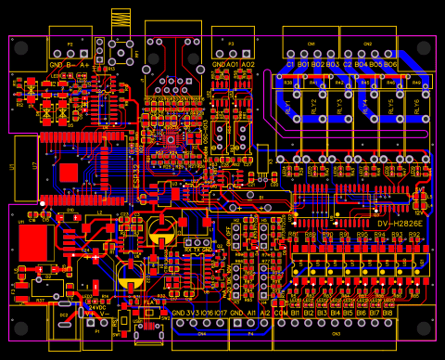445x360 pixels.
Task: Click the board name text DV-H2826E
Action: click(400, 224)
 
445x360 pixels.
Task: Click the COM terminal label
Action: click(280, 314)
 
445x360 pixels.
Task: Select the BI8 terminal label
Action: click(388, 314)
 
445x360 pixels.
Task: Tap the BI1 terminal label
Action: click(295, 314)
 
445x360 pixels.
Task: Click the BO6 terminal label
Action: click(390, 65)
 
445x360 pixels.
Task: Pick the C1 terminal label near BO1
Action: click(289, 65)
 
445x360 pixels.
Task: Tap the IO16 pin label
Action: click(206, 314)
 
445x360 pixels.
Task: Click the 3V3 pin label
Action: click(191, 314)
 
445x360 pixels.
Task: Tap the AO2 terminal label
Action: click(248, 65)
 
